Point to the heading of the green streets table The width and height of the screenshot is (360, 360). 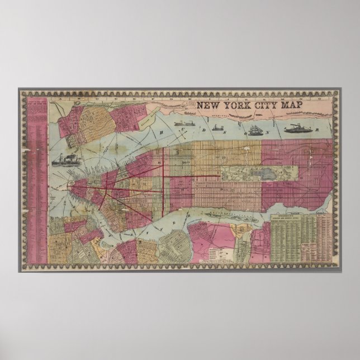pos(291,217)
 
